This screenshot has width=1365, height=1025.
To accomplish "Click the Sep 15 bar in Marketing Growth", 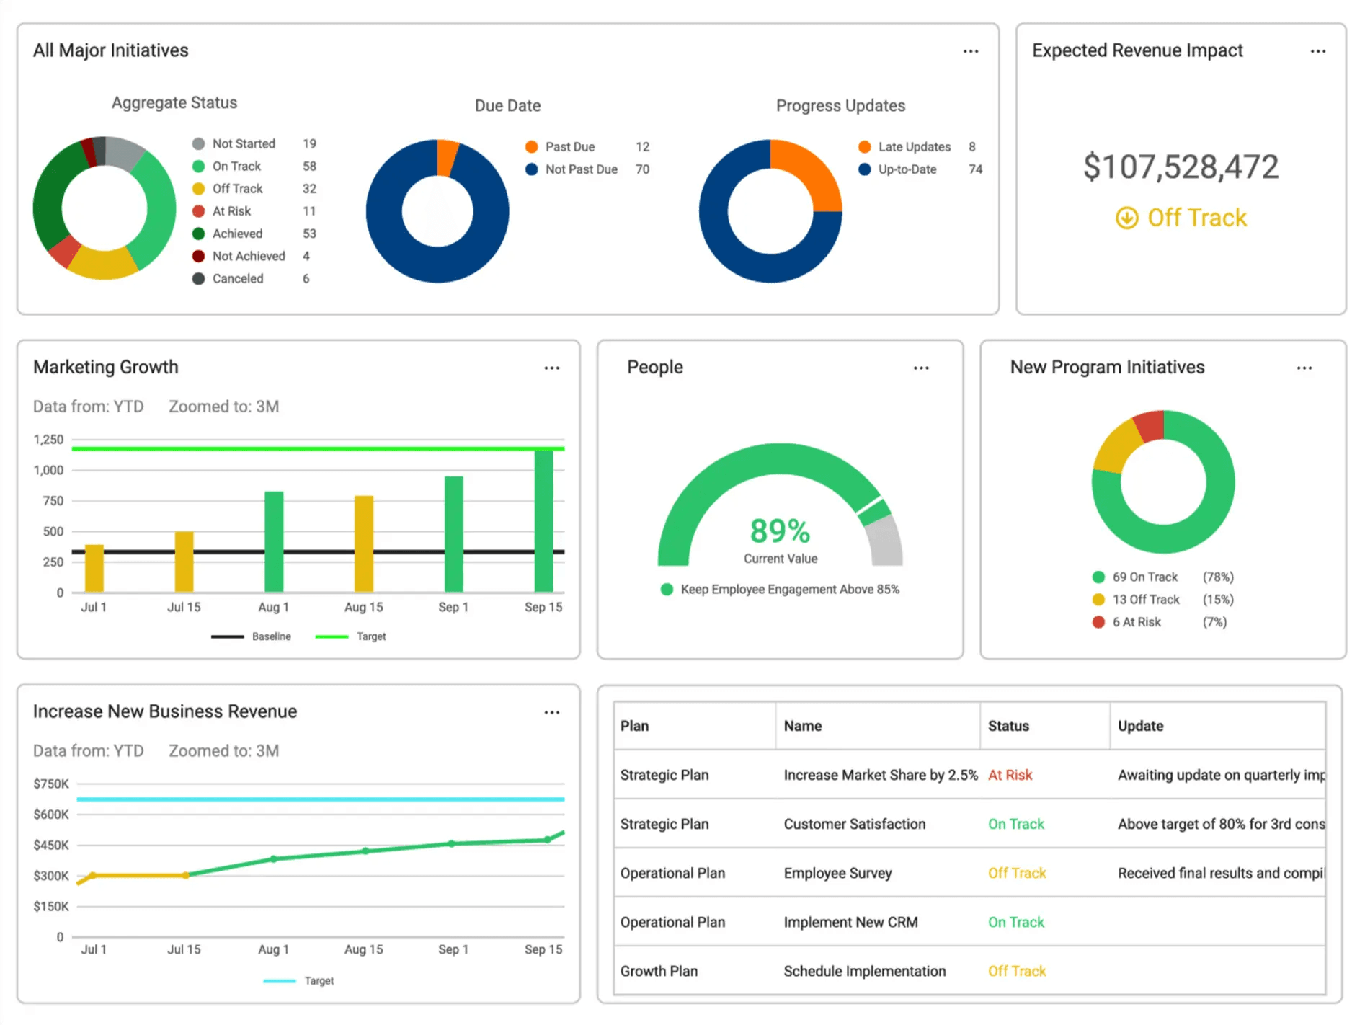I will point(543,520).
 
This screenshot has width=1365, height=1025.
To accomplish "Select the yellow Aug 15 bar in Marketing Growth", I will point(364,544).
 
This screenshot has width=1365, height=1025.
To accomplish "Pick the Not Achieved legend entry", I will point(249,256).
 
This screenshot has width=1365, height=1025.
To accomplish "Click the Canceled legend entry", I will point(237,278).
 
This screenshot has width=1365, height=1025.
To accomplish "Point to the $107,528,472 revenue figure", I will point(1181,167).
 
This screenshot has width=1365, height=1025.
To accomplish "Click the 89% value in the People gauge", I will point(780,531).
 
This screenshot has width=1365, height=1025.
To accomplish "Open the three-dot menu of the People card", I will point(921,368).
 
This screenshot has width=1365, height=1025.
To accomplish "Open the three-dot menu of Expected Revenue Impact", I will point(1317,51).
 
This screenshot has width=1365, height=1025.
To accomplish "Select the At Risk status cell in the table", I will point(1010,775).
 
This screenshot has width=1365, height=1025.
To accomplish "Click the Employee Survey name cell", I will point(837,873).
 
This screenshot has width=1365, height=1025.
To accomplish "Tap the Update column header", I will point(1140,726).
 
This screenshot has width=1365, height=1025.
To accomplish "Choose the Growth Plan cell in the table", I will point(659,971).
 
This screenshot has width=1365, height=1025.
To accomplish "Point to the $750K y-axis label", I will point(51,784).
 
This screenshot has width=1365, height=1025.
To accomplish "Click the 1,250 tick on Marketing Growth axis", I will point(48,440).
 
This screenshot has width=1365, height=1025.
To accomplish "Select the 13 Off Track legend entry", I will point(1145,599).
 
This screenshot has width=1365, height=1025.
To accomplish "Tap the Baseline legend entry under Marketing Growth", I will point(271,636).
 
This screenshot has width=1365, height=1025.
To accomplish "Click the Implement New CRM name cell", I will point(850,922).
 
